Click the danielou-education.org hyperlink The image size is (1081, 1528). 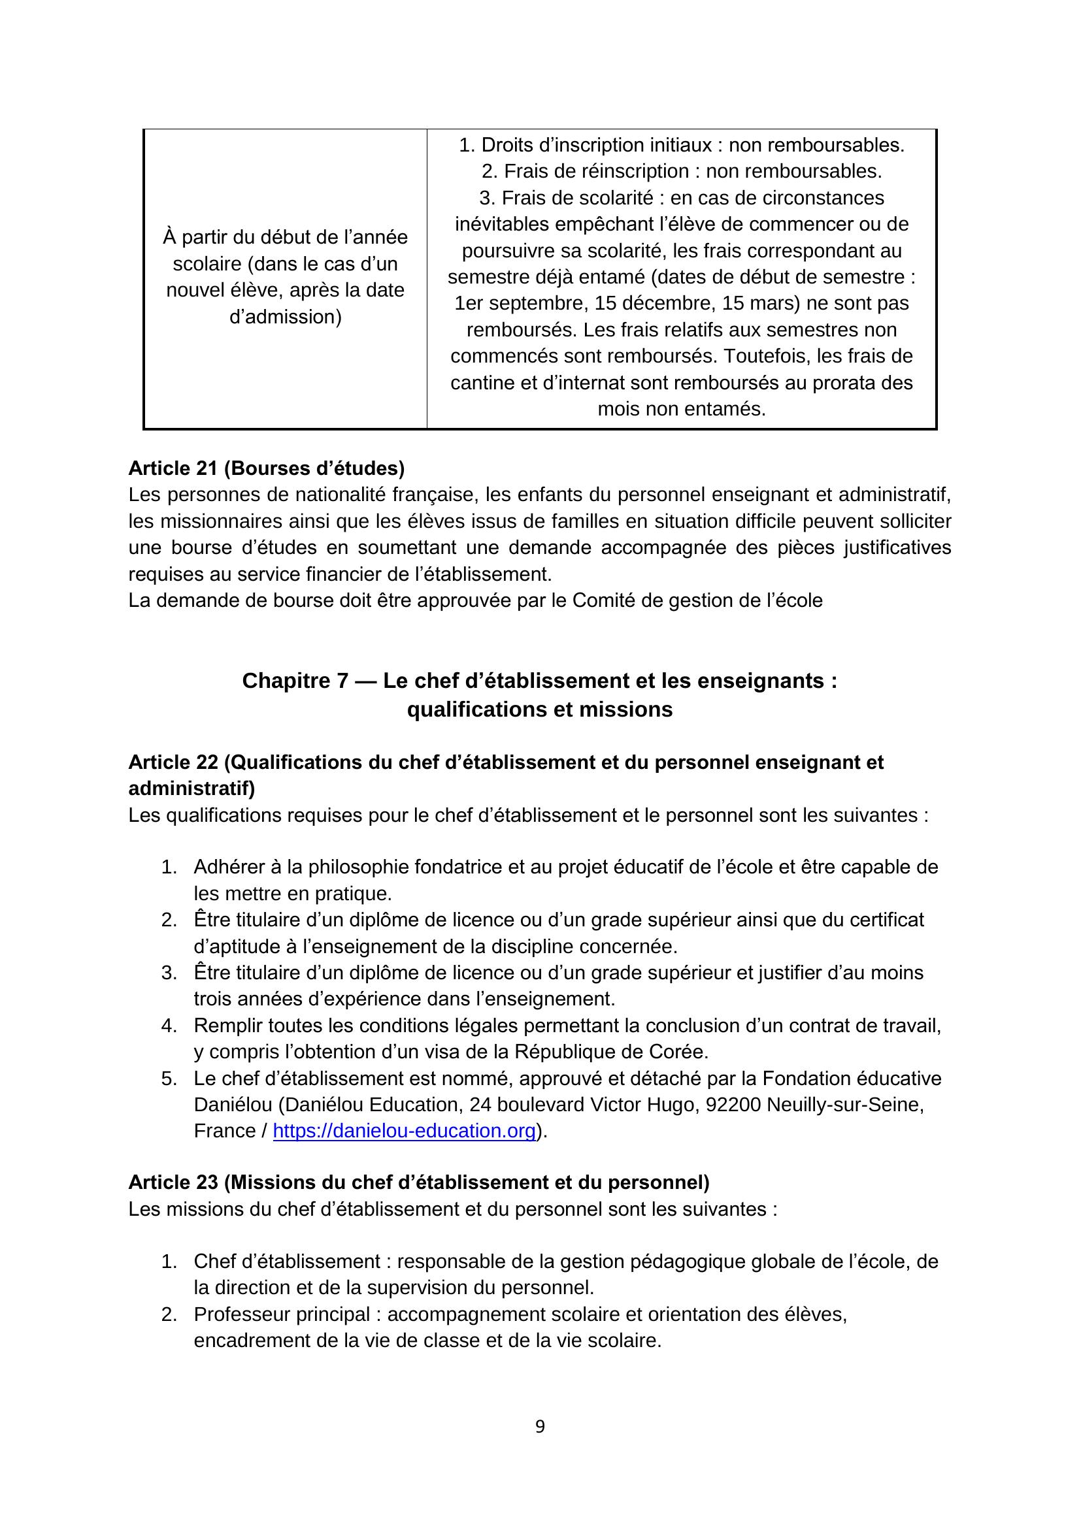point(404,1131)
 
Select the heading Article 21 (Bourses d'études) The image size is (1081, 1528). point(266,468)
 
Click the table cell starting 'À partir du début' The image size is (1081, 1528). point(285,277)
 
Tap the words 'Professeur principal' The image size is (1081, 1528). point(282,1314)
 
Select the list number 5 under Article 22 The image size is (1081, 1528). point(169,1079)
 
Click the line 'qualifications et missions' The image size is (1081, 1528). point(540,709)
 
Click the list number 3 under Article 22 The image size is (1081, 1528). point(169,973)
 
